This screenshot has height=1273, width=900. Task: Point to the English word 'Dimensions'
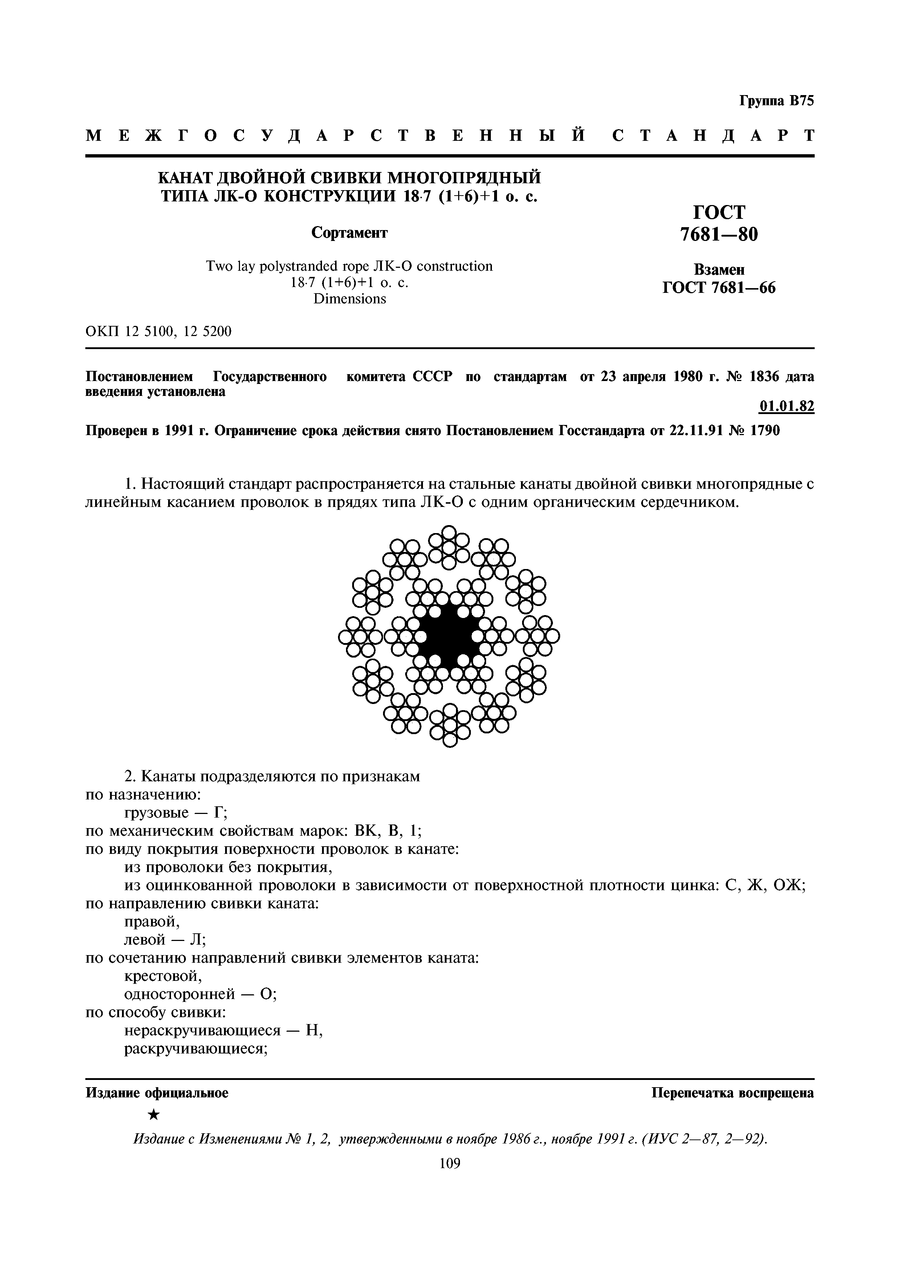(x=349, y=299)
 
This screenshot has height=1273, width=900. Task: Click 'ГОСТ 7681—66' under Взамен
(x=719, y=288)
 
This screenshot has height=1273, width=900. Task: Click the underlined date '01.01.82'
(x=786, y=406)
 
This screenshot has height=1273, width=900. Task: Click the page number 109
(x=449, y=1163)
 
